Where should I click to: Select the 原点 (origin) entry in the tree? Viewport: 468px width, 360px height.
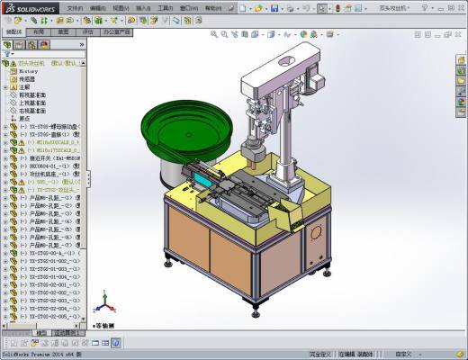(25, 118)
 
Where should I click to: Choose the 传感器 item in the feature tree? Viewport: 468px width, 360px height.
(28, 78)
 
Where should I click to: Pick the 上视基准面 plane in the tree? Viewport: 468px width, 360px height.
(33, 103)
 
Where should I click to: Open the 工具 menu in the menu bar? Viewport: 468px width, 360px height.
(165, 7)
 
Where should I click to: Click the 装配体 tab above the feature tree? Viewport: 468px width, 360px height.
(13, 31)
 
